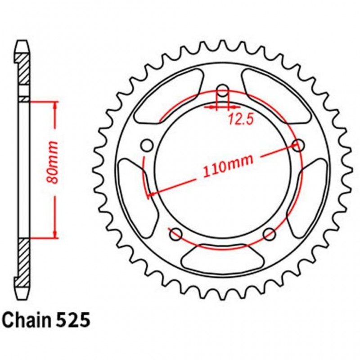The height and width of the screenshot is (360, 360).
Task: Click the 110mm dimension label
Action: [x=227, y=166]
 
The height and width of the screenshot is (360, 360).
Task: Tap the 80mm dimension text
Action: [x=53, y=162]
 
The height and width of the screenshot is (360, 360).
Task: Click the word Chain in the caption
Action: [x=28, y=321]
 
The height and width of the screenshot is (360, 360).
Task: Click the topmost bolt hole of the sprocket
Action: [x=223, y=89]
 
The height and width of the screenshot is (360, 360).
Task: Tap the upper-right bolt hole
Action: [x=297, y=145]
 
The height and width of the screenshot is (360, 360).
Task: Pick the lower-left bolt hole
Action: [x=175, y=234]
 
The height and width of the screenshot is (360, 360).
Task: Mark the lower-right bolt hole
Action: [x=269, y=234]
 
